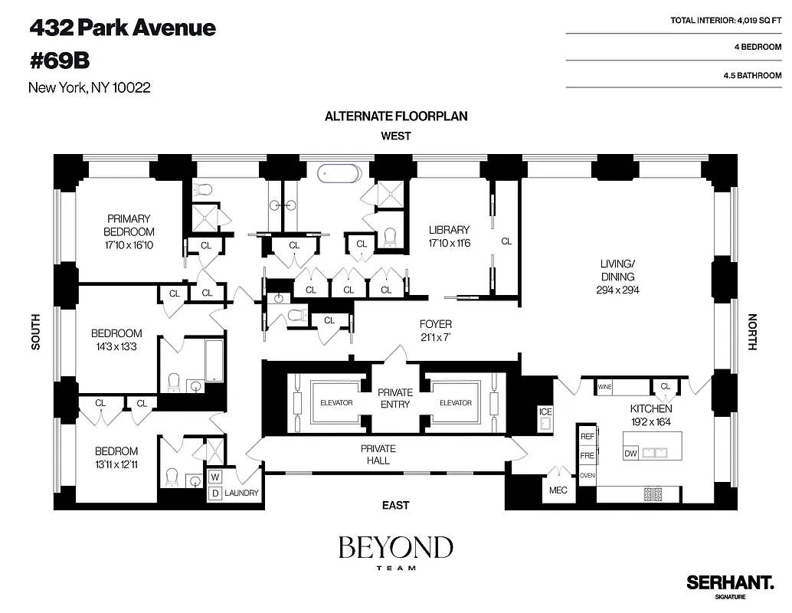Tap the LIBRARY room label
click(449, 230)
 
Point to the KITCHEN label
click(650, 409)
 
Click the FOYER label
click(435, 324)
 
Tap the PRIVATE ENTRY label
click(395, 398)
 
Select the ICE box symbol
click(545, 412)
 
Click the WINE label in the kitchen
click(604, 388)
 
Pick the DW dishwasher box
click(631, 454)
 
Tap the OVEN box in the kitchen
click(587, 475)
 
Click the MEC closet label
click(558, 490)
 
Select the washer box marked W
click(215, 476)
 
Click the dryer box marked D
click(215, 493)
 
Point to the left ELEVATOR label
click(335, 403)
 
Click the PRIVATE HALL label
click(378, 454)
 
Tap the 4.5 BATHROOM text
click(751, 76)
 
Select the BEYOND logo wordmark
click(395, 548)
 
